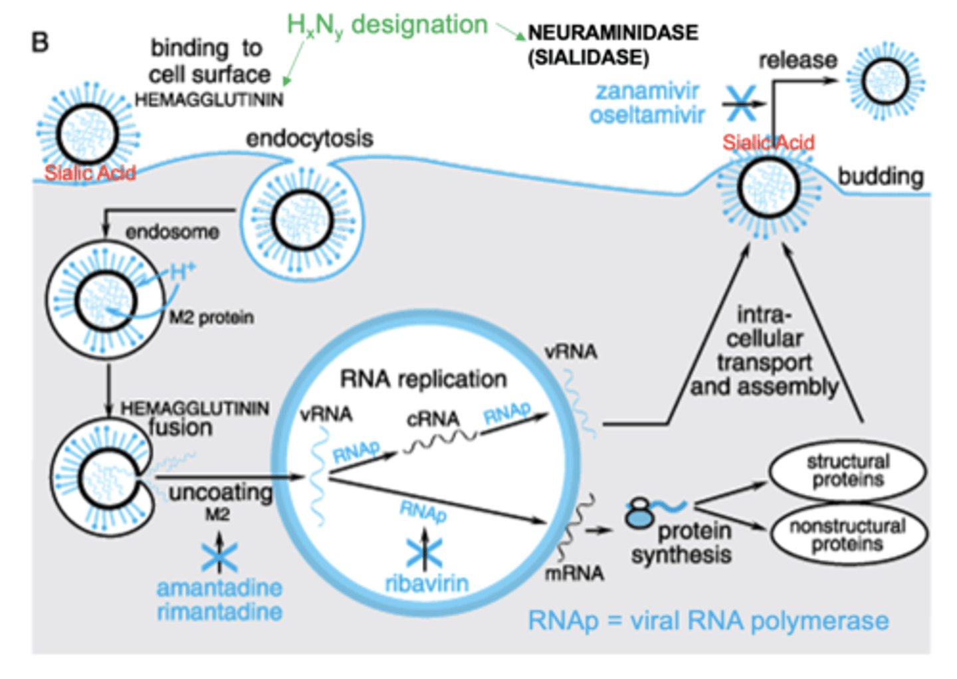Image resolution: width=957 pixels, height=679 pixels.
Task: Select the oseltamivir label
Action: coord(647,115)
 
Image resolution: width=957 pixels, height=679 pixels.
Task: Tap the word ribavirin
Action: coord(427,583)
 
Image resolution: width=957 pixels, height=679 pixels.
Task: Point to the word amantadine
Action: coord(219,588)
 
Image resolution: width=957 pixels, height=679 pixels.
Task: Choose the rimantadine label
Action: coord(219,611)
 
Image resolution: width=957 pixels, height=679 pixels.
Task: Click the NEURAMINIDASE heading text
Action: coord(612,33)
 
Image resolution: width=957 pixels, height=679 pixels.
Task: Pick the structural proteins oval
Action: coord(847,470)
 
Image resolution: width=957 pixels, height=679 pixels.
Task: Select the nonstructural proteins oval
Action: coord(847,535)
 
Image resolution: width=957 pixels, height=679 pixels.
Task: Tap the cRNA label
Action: coord(433,419)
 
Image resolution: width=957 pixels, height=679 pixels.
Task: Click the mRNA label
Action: coord(574,573)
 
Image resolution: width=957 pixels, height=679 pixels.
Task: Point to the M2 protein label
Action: coord(211,318)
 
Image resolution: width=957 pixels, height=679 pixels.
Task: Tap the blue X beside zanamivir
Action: coord(740,104)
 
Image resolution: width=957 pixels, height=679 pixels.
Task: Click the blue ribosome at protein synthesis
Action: coord(640,514)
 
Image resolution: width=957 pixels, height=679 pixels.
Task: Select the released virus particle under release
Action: coord(885,82)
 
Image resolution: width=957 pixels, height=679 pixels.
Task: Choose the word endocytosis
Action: coord(309,139)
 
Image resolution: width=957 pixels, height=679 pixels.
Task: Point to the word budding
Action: coord(880,177)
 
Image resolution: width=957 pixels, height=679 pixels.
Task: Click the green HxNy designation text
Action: coord(387,25)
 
